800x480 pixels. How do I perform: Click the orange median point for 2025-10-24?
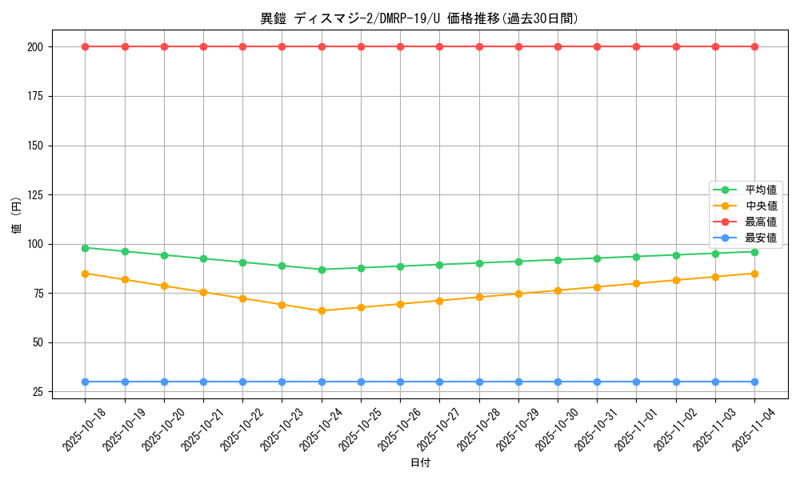[x=322, y=310]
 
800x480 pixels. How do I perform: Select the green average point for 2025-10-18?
[x=85, y=247]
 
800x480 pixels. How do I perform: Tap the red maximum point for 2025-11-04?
[x=754, y=46]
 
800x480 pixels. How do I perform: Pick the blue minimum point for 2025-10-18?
[x=85, y=382]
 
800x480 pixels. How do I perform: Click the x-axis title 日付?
[x=419, y=463]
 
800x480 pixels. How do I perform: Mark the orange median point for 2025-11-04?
[x=754, y=274]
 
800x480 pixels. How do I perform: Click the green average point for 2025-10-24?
[x=322, y=270]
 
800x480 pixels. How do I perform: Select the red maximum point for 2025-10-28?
[x=479, y=46]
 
